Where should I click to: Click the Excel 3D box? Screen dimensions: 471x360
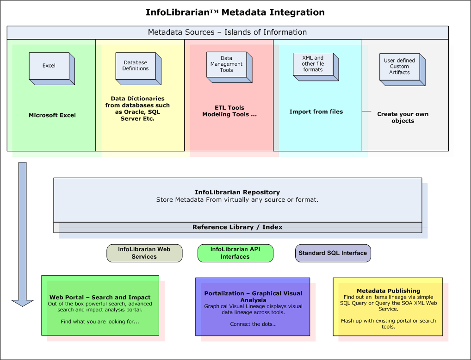click(52, 68)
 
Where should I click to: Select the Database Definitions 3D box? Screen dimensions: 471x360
click(138, 68)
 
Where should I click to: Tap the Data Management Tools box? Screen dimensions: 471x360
click(229, 67)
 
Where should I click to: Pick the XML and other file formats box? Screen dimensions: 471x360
click(316, 67)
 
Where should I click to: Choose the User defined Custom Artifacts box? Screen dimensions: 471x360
click(403, 69)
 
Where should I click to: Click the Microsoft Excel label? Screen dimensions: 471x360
click(52, 115)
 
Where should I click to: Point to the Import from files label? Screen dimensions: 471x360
click(316, 112)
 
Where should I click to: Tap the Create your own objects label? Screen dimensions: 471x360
click(403, 117)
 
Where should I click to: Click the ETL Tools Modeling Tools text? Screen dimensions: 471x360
click(229, 111)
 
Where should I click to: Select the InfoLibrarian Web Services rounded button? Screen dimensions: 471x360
click(144, 253)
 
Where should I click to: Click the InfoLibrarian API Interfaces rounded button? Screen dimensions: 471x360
click(235, 253)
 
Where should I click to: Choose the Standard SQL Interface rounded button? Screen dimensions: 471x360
click(333, 253)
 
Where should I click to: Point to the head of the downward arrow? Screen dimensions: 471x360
click(23, 306)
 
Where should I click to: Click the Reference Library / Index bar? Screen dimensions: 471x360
click(238, 227)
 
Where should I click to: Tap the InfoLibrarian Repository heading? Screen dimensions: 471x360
click(237, 192)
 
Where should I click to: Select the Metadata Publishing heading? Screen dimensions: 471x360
click(388, 291)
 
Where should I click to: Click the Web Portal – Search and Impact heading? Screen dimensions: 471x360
click(100, 297)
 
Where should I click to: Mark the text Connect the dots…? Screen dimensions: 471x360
click(253, 324)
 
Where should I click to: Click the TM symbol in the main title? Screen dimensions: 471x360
click(214, 12)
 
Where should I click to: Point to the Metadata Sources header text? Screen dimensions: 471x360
click(227, 32)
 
